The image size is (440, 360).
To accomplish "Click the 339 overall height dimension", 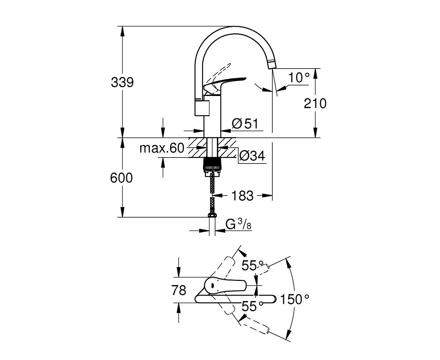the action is (x=122, y=82).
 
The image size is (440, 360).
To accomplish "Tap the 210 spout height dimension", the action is (x=315, y=103).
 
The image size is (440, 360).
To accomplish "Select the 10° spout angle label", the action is (x=299, y=78).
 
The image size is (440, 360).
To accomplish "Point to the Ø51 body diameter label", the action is (x=245, y=123).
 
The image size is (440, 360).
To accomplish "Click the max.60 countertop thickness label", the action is (x=162, y=148).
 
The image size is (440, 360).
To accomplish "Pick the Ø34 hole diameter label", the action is (x=252, y=156).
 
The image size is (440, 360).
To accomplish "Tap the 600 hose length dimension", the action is (x=122, y=178).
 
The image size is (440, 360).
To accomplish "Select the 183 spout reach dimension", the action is (x=242, y=196).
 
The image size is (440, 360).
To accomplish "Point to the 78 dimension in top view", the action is (x=179, y=290).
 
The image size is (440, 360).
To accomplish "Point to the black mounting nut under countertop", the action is (x=212, y=163).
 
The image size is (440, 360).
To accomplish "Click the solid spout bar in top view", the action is (x=235, y=299).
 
